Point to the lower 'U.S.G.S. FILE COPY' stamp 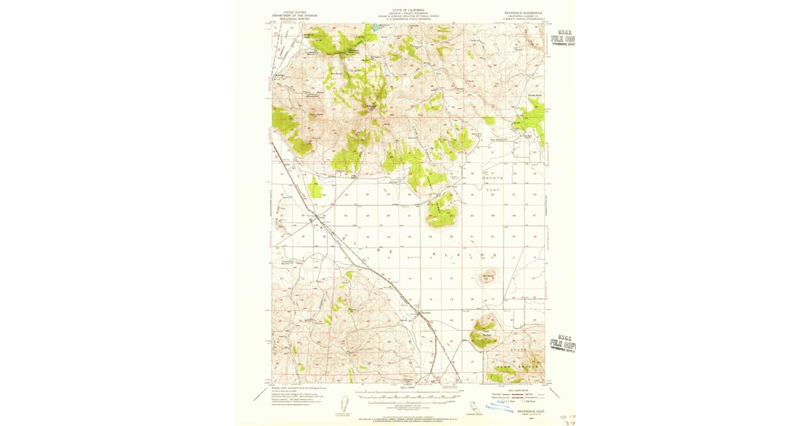[x=563, y=344]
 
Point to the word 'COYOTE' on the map [x=493, y=178]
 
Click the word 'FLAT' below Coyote [x=493, y=191]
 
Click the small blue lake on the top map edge [x=371, y=28]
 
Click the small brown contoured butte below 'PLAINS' [x=488, y=277]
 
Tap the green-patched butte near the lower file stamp [x=485, y=331]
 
